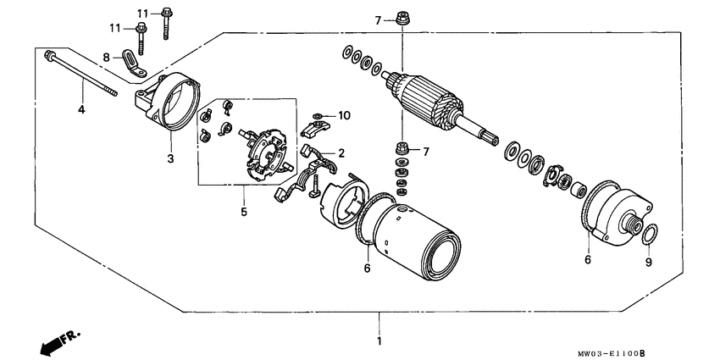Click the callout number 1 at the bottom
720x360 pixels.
379,341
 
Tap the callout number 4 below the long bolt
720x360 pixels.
81,110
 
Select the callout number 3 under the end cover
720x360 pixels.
170,159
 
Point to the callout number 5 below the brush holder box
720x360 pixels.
244,212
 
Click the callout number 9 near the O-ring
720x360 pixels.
648,263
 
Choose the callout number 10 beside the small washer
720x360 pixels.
345,115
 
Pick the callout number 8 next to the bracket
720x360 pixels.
107,58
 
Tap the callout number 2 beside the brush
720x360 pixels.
341,153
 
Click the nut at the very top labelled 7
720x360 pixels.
402,19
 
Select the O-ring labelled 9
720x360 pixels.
649,234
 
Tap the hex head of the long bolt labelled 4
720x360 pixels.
47,55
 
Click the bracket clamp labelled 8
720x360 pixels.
134,64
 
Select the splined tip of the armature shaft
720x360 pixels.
490,138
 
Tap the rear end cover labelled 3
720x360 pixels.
168,101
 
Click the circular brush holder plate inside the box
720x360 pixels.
266,152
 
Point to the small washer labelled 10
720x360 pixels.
318,116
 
